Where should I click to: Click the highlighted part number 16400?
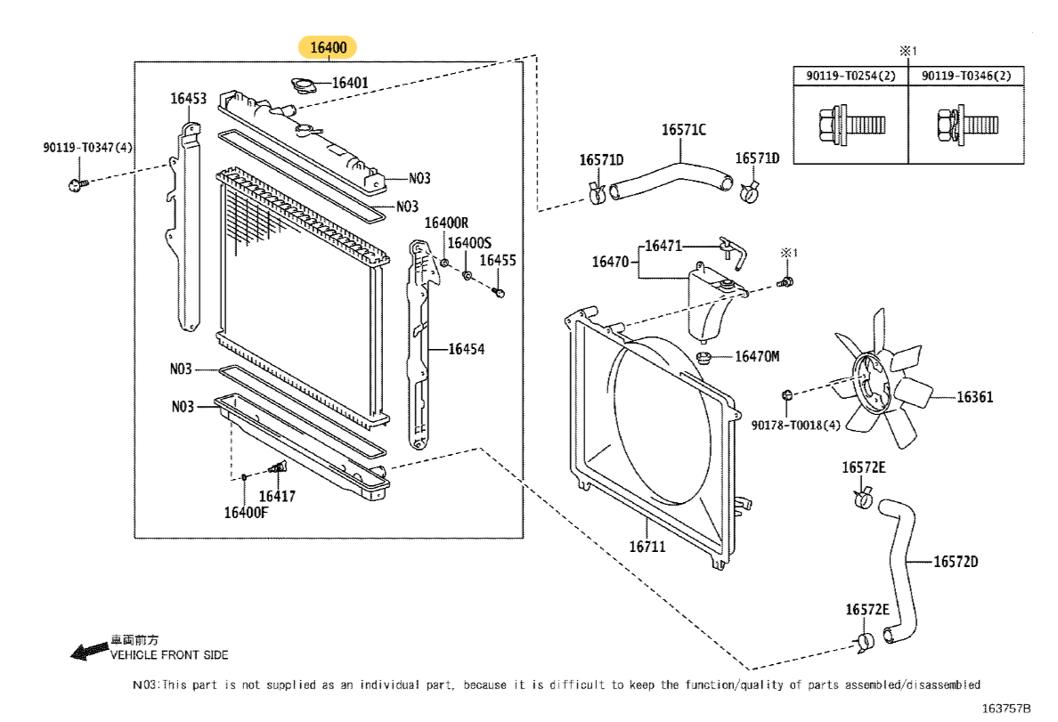pyautogui.click(x=329, y=46)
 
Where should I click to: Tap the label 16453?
pyautogui.click(x=189, y=99)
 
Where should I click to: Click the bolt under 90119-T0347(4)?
pyautogui.click(x=75, y=184)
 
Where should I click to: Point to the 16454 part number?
pyautogui.click(x=466, y=350)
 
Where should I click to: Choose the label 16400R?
pyautogui.click(x=445, y=223)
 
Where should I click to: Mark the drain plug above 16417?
pyautogui.click(x=280, y=468)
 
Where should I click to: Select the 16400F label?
pyautogui.click(x=246, y=512)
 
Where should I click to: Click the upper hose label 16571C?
pyautogui.click(x=683, y=130)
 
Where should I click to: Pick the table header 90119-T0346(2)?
pyautogui.click(x=966, y=77)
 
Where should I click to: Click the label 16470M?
pyautogui.click(x=757, y=357)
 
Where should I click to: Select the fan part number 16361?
pyautogui.click(x=975, y=397)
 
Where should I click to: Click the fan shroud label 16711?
pyautogui.click(x=647, y=547)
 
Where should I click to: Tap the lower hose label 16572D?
pyautogui.click(x=956, y=562)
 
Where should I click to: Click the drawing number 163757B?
pyautogui.click(x=1006, y=709)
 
